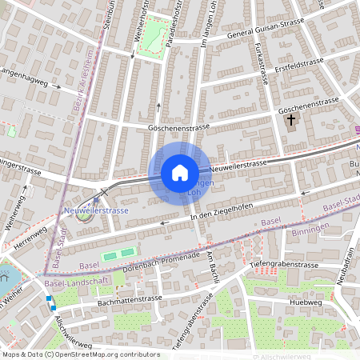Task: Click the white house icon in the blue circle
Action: [x=179, y=172]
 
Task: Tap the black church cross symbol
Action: [x=290, y=121]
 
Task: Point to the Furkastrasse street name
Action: [x=260, y=64]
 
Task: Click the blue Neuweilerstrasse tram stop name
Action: [x=95, y=210]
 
